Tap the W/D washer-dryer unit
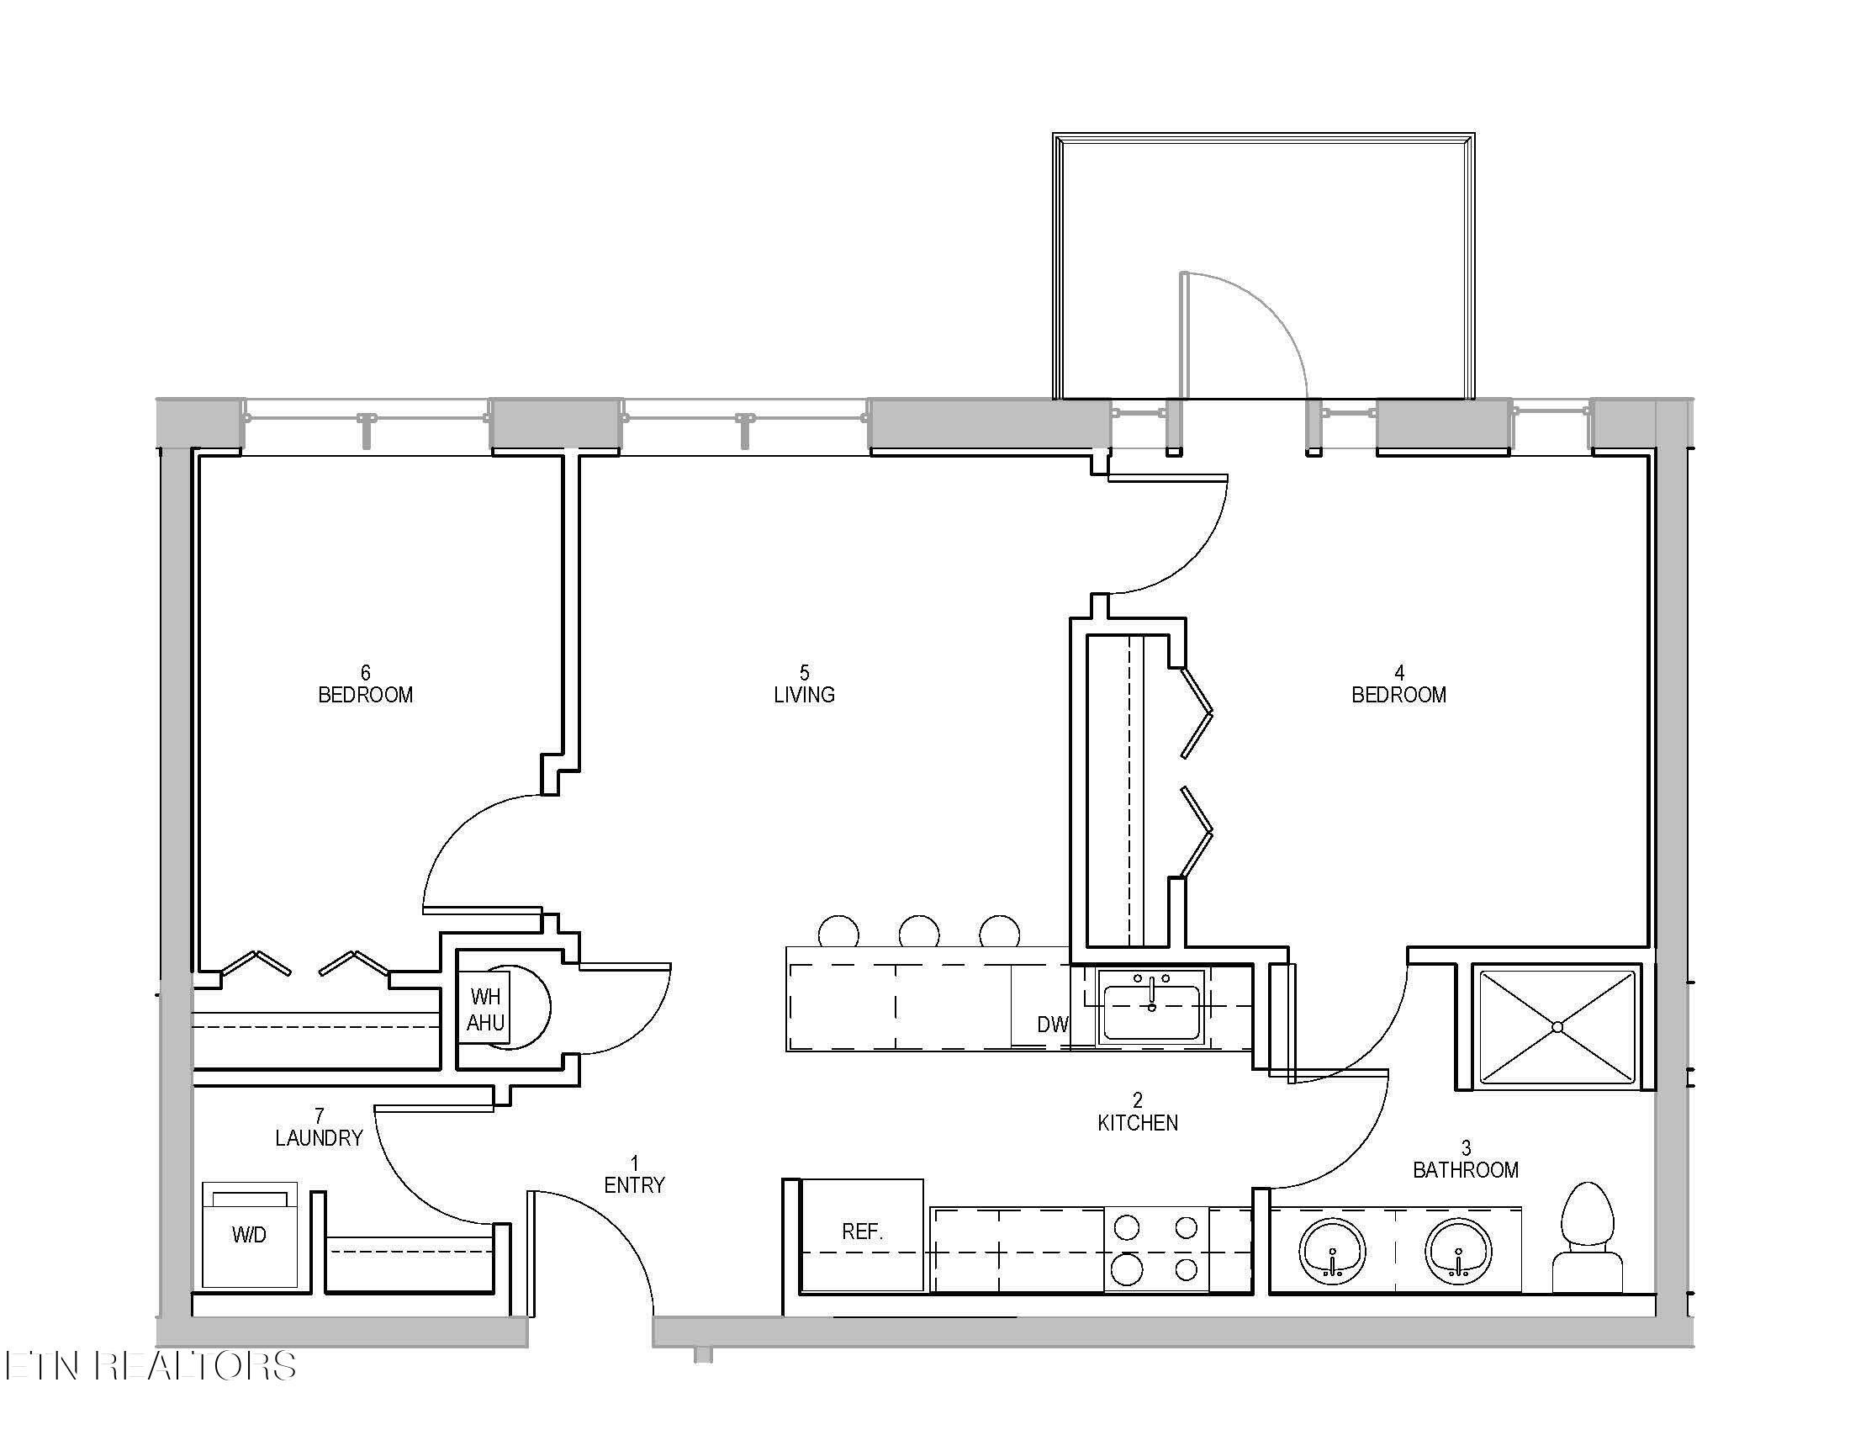click(x=250, y=1235)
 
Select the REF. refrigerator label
click(x=862, y=1231)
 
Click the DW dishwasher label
click(x=1053, y=1025)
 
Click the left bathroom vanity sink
click(x=1333, y=1252)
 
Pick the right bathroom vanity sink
click(x=1458, y=1252)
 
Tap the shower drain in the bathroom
click(x=1557, y=1027)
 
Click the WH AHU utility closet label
click(x=485, y=1009)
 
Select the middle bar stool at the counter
click(x=919, y=932)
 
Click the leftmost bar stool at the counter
click(x=838, y=932)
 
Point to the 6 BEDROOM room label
click(x=365, y=685)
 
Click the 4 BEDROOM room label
click(x=1398, y=685)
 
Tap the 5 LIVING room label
click(x=804, y=685)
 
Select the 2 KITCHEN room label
click(x=1138, y=1111)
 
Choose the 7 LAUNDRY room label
click(x=320, y=1127)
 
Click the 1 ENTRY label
click(x=634, y=1175)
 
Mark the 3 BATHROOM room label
click(x=1466, y=1159)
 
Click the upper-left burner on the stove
click(x=1126, y=1226)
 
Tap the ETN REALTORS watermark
click(x=150, y=1365)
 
